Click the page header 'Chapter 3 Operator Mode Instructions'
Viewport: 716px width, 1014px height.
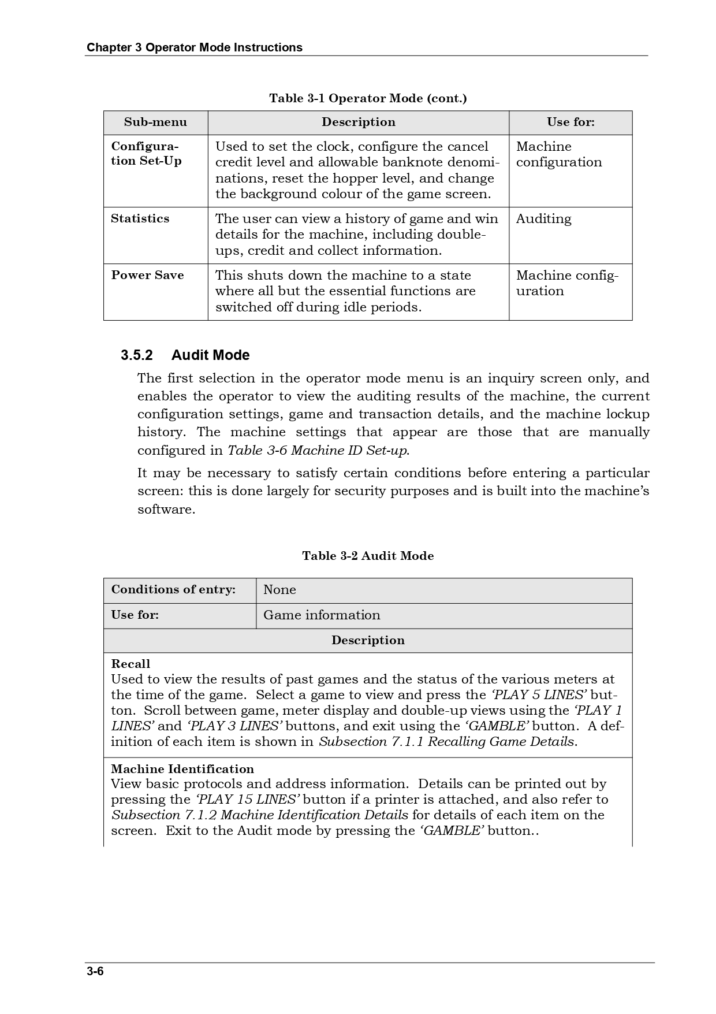click(x=194, y=47)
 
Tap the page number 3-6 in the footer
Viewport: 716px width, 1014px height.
click(x=95, y=971)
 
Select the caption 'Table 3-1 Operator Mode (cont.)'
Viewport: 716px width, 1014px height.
click(x=368, y=98)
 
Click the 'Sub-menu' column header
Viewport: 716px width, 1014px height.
click(x=155, y=122)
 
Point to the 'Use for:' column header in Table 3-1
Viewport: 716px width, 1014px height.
click(x=570, y=122)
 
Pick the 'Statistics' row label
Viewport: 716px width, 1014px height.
click(x=140, y=218)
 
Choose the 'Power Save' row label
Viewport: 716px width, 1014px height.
click(x=147, y=275)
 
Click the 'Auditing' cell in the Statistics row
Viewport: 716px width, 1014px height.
click(x=543, y=218)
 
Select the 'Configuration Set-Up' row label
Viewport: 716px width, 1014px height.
click(x=146, y=154)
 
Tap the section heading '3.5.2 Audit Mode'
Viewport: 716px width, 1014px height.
click(x=185, y=355)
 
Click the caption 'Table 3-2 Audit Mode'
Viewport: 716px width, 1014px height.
click(x=368, y=556)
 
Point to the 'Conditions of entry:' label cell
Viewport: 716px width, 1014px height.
click(x=173, y=589)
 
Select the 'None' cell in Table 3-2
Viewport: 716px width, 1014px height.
click(x=279, y=589)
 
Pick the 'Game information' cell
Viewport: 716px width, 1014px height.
click(x=322, y=615)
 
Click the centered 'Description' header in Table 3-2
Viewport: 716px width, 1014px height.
click(x=368, y=640)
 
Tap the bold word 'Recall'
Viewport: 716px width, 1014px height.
click(x=130, y=664)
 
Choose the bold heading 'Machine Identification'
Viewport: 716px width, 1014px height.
click(x=182, y=769)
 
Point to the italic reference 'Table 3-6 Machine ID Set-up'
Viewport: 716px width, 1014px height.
click(x=318, y=450)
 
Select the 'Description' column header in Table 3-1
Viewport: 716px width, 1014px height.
click(x=359, y=122)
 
